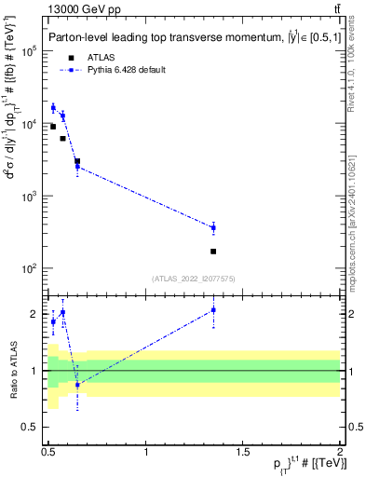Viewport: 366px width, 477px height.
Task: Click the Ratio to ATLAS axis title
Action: [x=12, y=371]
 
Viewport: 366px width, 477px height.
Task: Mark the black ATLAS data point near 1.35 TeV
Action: [x=213, y=252]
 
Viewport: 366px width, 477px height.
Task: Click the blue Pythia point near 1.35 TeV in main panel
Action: [x=213, y=227]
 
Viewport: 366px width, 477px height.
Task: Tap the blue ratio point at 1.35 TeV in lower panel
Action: [x=213, y=310]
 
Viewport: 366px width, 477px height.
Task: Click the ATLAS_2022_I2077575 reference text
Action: [x=194, y=278]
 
